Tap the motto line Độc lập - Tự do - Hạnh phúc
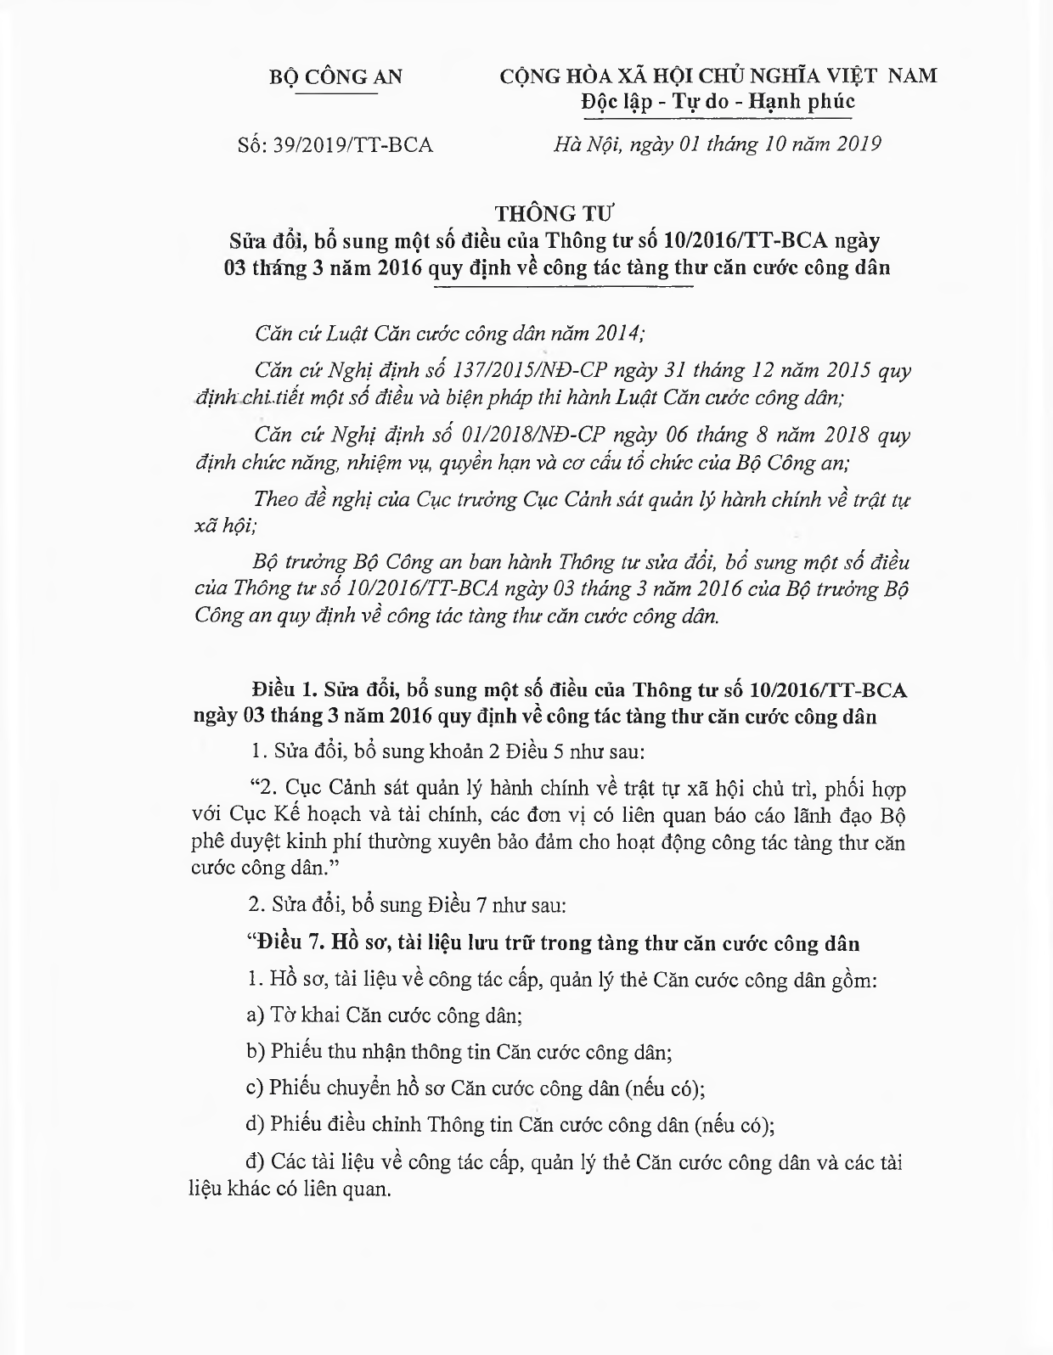tap(718, 102)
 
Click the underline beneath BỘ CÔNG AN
tap(335, 93)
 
